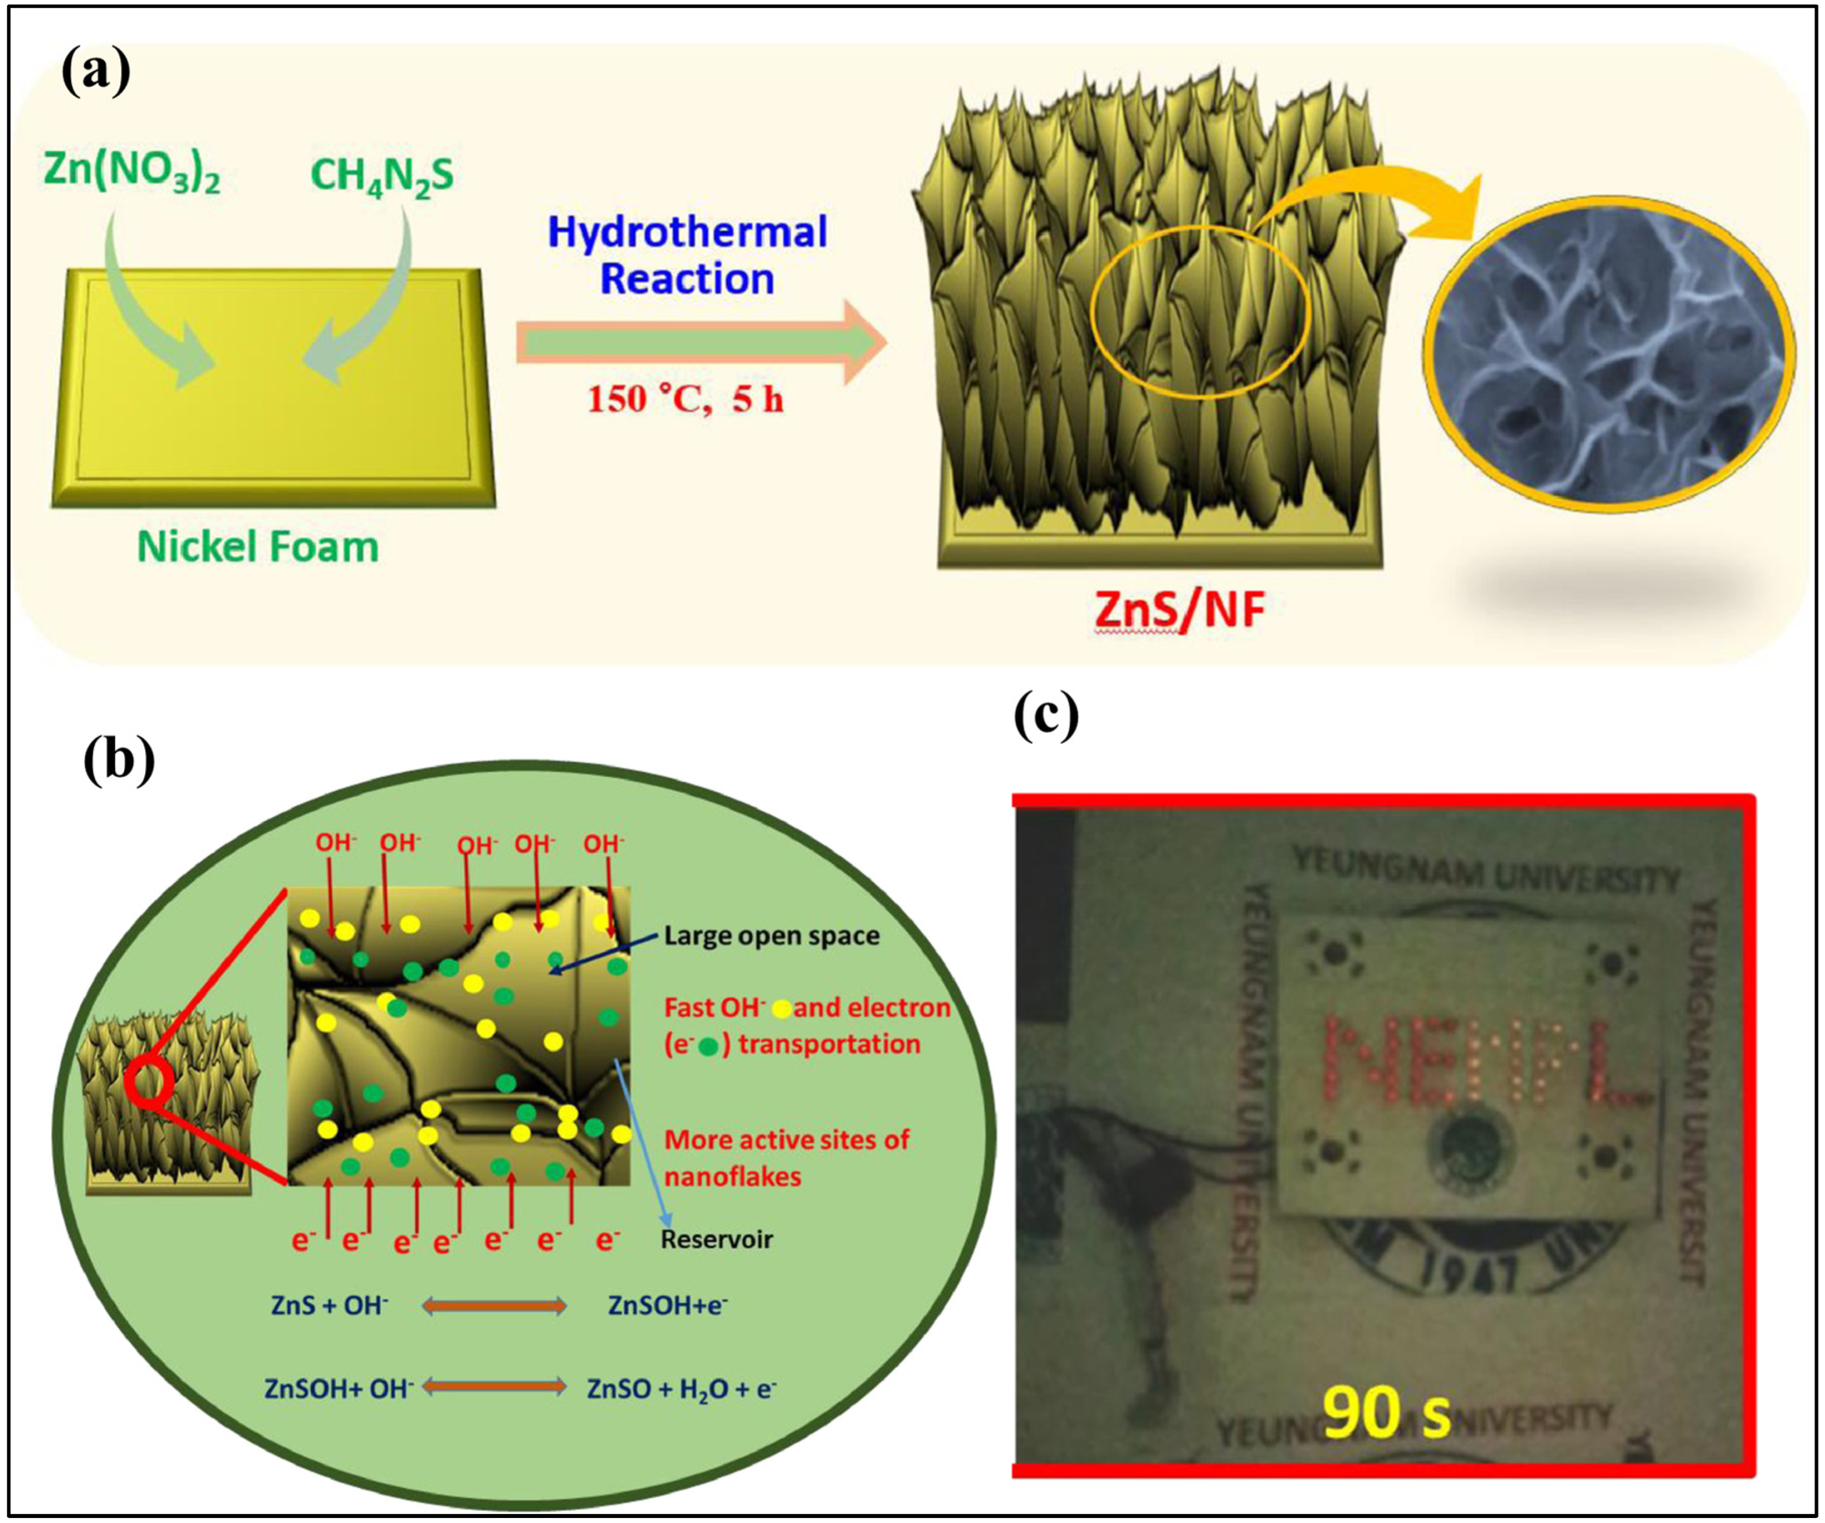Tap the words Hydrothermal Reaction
click(687, 256)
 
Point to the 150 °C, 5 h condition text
click(685, 400)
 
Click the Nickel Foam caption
click(258, 547)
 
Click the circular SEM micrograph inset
click(1608, 352)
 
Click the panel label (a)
click(96, 72)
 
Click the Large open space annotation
click(771, 936)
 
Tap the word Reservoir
click(716, 1239)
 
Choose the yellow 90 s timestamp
click(1386, 1411)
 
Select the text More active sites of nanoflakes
click(786, 1157)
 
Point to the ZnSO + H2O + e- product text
click(681, 1388)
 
